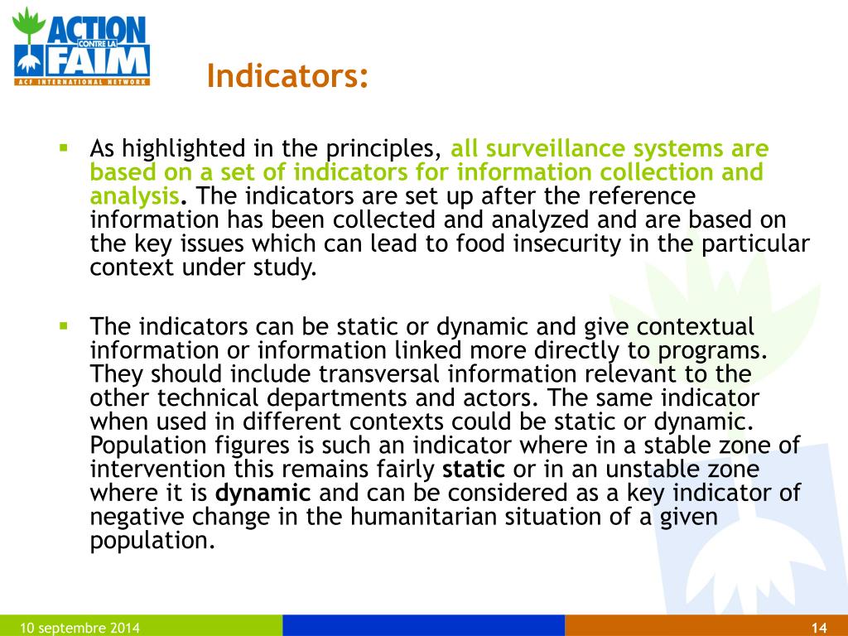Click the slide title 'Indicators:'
pyautogui.click(x=287, y=76)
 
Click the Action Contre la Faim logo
pyautogui.click(x=81, y=46)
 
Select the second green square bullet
pyautogui.click(x=63, y=325)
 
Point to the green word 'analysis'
pyautogui.click(x=134, y=196)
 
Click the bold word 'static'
pyautogui.click(x=474, y=470)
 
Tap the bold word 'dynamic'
pyautogui.click(x=263, y=494)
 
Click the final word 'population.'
pyautogui.click(x=152, y=541)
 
